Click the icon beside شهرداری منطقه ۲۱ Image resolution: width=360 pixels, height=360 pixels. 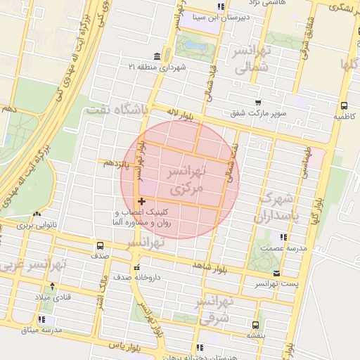pyautogui.click(x=156, y=56)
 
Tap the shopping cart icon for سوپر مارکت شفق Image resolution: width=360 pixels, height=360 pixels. pyautogui.click(x=258, y=102)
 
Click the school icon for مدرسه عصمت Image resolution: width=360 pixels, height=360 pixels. pyautogui.click(x=283, y=238)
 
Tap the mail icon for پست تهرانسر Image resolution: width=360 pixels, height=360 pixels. pyautogui.click(x=276, y=273)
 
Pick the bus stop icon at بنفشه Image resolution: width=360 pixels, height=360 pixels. pyautogui.click(x=255, y=325)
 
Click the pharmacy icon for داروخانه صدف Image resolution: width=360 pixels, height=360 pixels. pyautogui.click(x=137, y=267)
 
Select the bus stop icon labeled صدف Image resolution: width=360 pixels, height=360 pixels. pyautogui.click(x=99, y=246)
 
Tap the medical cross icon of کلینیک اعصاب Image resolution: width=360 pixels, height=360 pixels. pyautogui.click(x=142, y=202)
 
